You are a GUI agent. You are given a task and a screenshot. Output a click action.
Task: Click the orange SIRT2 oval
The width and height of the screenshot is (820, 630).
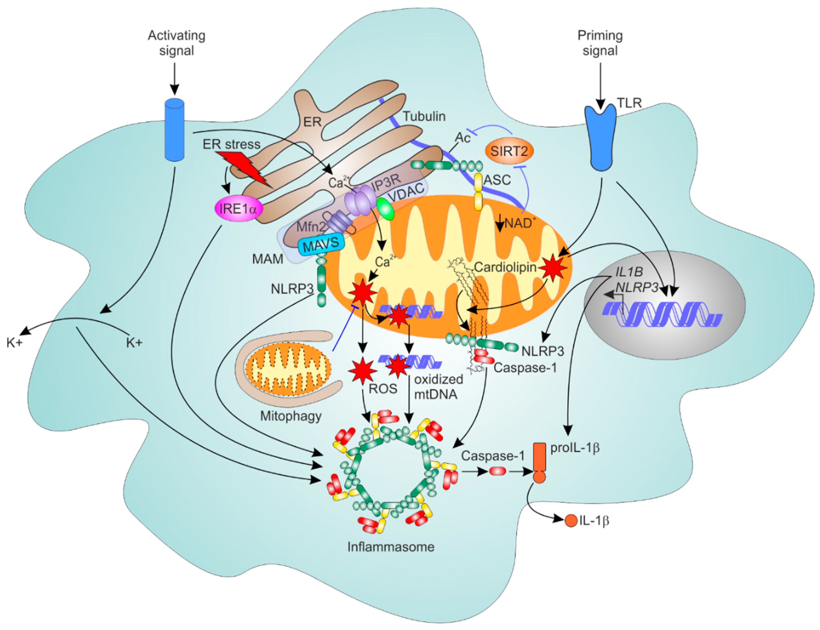point(509,151)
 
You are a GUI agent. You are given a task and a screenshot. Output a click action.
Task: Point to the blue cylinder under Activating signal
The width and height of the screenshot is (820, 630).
point(175,130)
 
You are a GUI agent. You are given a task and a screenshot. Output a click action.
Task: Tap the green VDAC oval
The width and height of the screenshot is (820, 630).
point(386,209)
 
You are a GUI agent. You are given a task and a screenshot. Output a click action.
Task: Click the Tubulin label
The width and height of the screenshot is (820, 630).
point(424,117)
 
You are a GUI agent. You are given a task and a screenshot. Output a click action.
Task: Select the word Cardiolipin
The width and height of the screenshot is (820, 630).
point(505,267)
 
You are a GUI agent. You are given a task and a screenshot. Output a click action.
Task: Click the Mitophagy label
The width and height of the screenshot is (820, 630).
point(291,416)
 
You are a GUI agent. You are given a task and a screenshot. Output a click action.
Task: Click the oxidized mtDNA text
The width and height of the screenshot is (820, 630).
point(438,387)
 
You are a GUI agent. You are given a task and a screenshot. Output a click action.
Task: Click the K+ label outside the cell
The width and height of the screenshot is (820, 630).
point(15,342)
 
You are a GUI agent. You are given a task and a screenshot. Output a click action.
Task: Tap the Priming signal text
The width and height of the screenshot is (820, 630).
point(600,43)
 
